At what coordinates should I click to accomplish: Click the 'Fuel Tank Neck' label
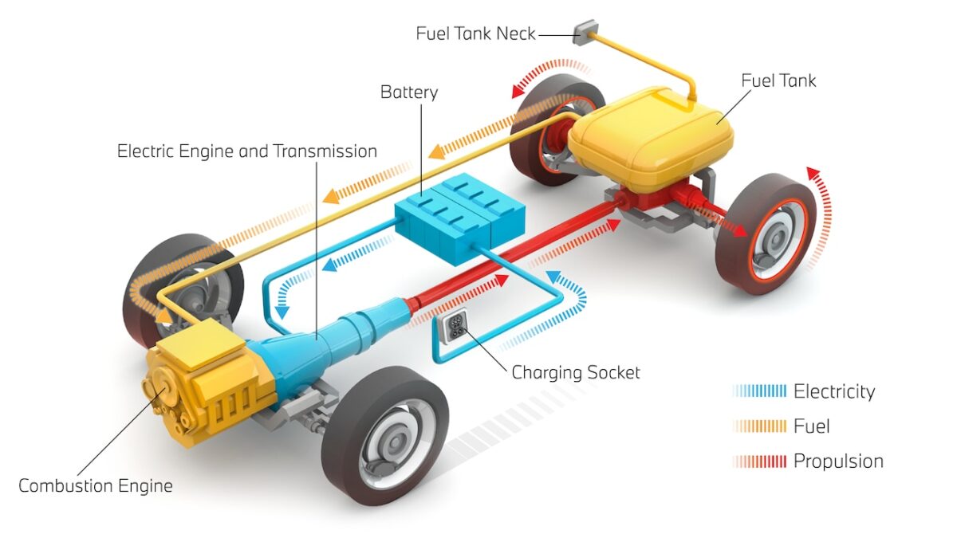point(475,33)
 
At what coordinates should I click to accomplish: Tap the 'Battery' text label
point(408,92)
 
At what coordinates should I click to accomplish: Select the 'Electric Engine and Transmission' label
point(247,151)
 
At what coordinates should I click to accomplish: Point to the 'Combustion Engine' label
point(95,485)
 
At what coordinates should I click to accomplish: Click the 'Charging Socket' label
point(576,372)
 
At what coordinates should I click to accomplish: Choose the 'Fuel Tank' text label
point(778,81)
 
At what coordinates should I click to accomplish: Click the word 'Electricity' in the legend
point(833,391)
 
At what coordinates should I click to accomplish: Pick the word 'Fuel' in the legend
point(811,426)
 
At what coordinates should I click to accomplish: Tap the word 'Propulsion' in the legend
point(837,461)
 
